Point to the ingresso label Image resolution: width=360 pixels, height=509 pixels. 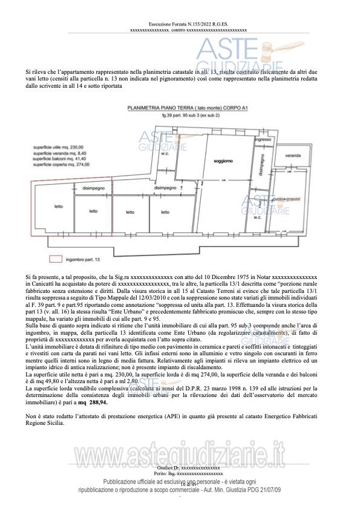(x=263, y=140)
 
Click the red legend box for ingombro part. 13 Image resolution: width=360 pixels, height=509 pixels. (x=55, y=259)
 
